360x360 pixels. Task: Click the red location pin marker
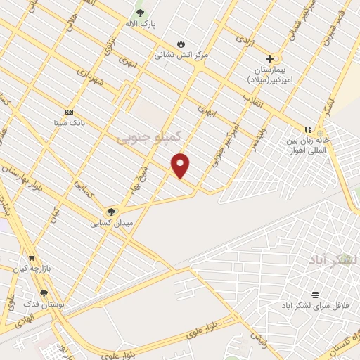pos(181,166)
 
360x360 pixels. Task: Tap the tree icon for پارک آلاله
pos(140,13)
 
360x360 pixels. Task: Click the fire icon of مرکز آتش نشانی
pos(181,42)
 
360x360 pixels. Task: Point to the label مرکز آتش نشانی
pos(182,53)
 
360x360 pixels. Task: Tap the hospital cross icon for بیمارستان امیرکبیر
pos(269,58)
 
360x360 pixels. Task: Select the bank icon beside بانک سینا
pos(69,112)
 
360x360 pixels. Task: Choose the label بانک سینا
pos(69,122)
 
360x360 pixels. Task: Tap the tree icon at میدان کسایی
pos(110,212)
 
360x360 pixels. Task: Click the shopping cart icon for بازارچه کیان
pos(31,258)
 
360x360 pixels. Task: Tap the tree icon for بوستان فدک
pos(44,293)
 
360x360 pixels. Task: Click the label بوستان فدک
pos(44,304)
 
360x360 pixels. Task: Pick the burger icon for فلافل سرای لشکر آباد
pos(315,294)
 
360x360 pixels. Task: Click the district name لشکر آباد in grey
pos(333,260)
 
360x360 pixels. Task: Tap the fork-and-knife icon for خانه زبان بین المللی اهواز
pos(307,129)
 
